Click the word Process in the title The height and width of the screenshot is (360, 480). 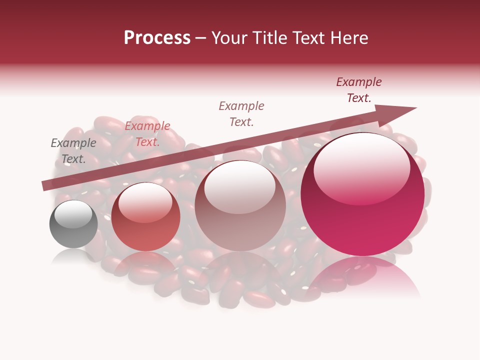[157, 38]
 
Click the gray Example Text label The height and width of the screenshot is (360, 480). [73, 151]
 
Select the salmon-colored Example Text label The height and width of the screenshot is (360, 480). [147, 134]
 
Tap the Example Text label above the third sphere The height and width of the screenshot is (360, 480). [241, 113]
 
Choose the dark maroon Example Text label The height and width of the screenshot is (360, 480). [359, 90]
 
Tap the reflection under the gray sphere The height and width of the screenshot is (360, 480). [73, 256]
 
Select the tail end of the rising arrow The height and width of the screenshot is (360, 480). [45, 186]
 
